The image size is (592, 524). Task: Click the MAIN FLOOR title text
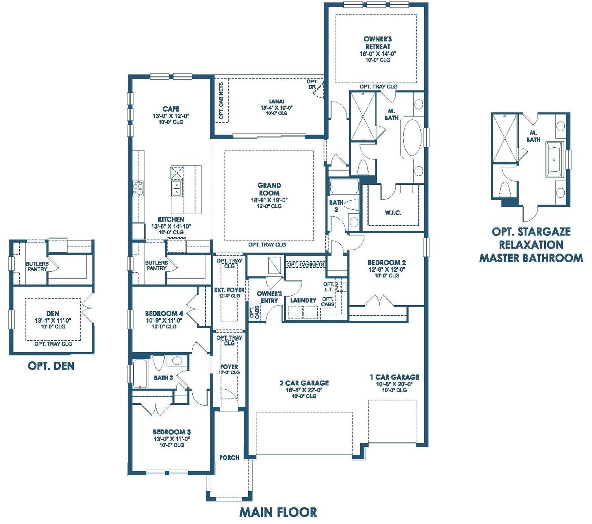[277, 512]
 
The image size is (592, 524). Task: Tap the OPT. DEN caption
[51, 366]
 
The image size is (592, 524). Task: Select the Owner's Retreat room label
[378, 43]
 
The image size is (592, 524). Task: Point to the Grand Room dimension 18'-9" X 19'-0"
[269, 200]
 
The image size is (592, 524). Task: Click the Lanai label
[276, 101]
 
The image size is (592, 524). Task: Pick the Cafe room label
[171, 109]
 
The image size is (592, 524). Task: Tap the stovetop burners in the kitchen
[138, 188]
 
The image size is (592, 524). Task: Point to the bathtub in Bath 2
[344, 186]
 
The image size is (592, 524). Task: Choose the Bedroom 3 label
[172, 432]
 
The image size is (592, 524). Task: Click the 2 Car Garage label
[304, 383]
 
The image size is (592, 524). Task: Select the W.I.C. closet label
[393, 212]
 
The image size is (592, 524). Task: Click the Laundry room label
[303, 300]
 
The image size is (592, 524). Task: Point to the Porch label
[229, 457]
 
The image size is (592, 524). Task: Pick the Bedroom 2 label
[387, 263]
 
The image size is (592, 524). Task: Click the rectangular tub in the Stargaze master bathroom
[554, 160]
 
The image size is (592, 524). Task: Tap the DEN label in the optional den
[52, 314]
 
